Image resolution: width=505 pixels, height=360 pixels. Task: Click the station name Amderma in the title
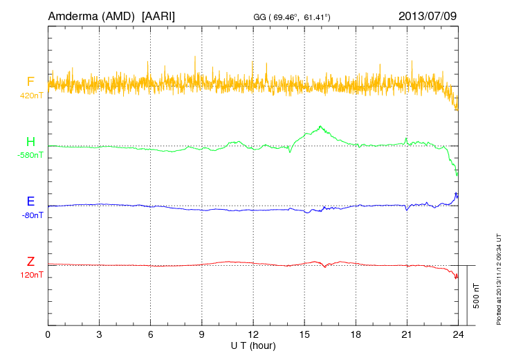[x=73, y=15]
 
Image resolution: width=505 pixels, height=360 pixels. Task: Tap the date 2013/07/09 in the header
[x=427, y=15]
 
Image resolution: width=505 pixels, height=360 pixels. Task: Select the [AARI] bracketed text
[x=158, y=15]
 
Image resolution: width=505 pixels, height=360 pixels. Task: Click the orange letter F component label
[x=30, y=82]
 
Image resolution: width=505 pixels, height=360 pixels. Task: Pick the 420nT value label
[x=31, y=96]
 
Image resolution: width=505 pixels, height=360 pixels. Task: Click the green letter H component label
[x=30, y=143]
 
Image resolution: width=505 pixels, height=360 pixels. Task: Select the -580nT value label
[x=30, y=155]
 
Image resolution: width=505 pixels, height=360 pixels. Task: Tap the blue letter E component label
[x=30, y=202]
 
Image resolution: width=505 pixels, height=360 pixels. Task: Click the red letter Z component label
[x=30, y=262]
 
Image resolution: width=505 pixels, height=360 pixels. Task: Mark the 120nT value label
[x=31, y=275]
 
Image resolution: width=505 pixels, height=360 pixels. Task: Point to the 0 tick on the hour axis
[x=48, y=334]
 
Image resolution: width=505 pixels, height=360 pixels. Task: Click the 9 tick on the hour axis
[x=201, y=334]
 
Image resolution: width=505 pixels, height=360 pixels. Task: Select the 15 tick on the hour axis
[x=304, y=334]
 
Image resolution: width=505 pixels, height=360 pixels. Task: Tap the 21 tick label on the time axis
[x=406, y=334]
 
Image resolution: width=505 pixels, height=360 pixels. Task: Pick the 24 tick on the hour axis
[x=457, y=334]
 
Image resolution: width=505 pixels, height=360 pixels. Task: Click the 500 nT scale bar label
[x=477, y=296]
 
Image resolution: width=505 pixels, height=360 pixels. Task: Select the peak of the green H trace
[x=320, y=127]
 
